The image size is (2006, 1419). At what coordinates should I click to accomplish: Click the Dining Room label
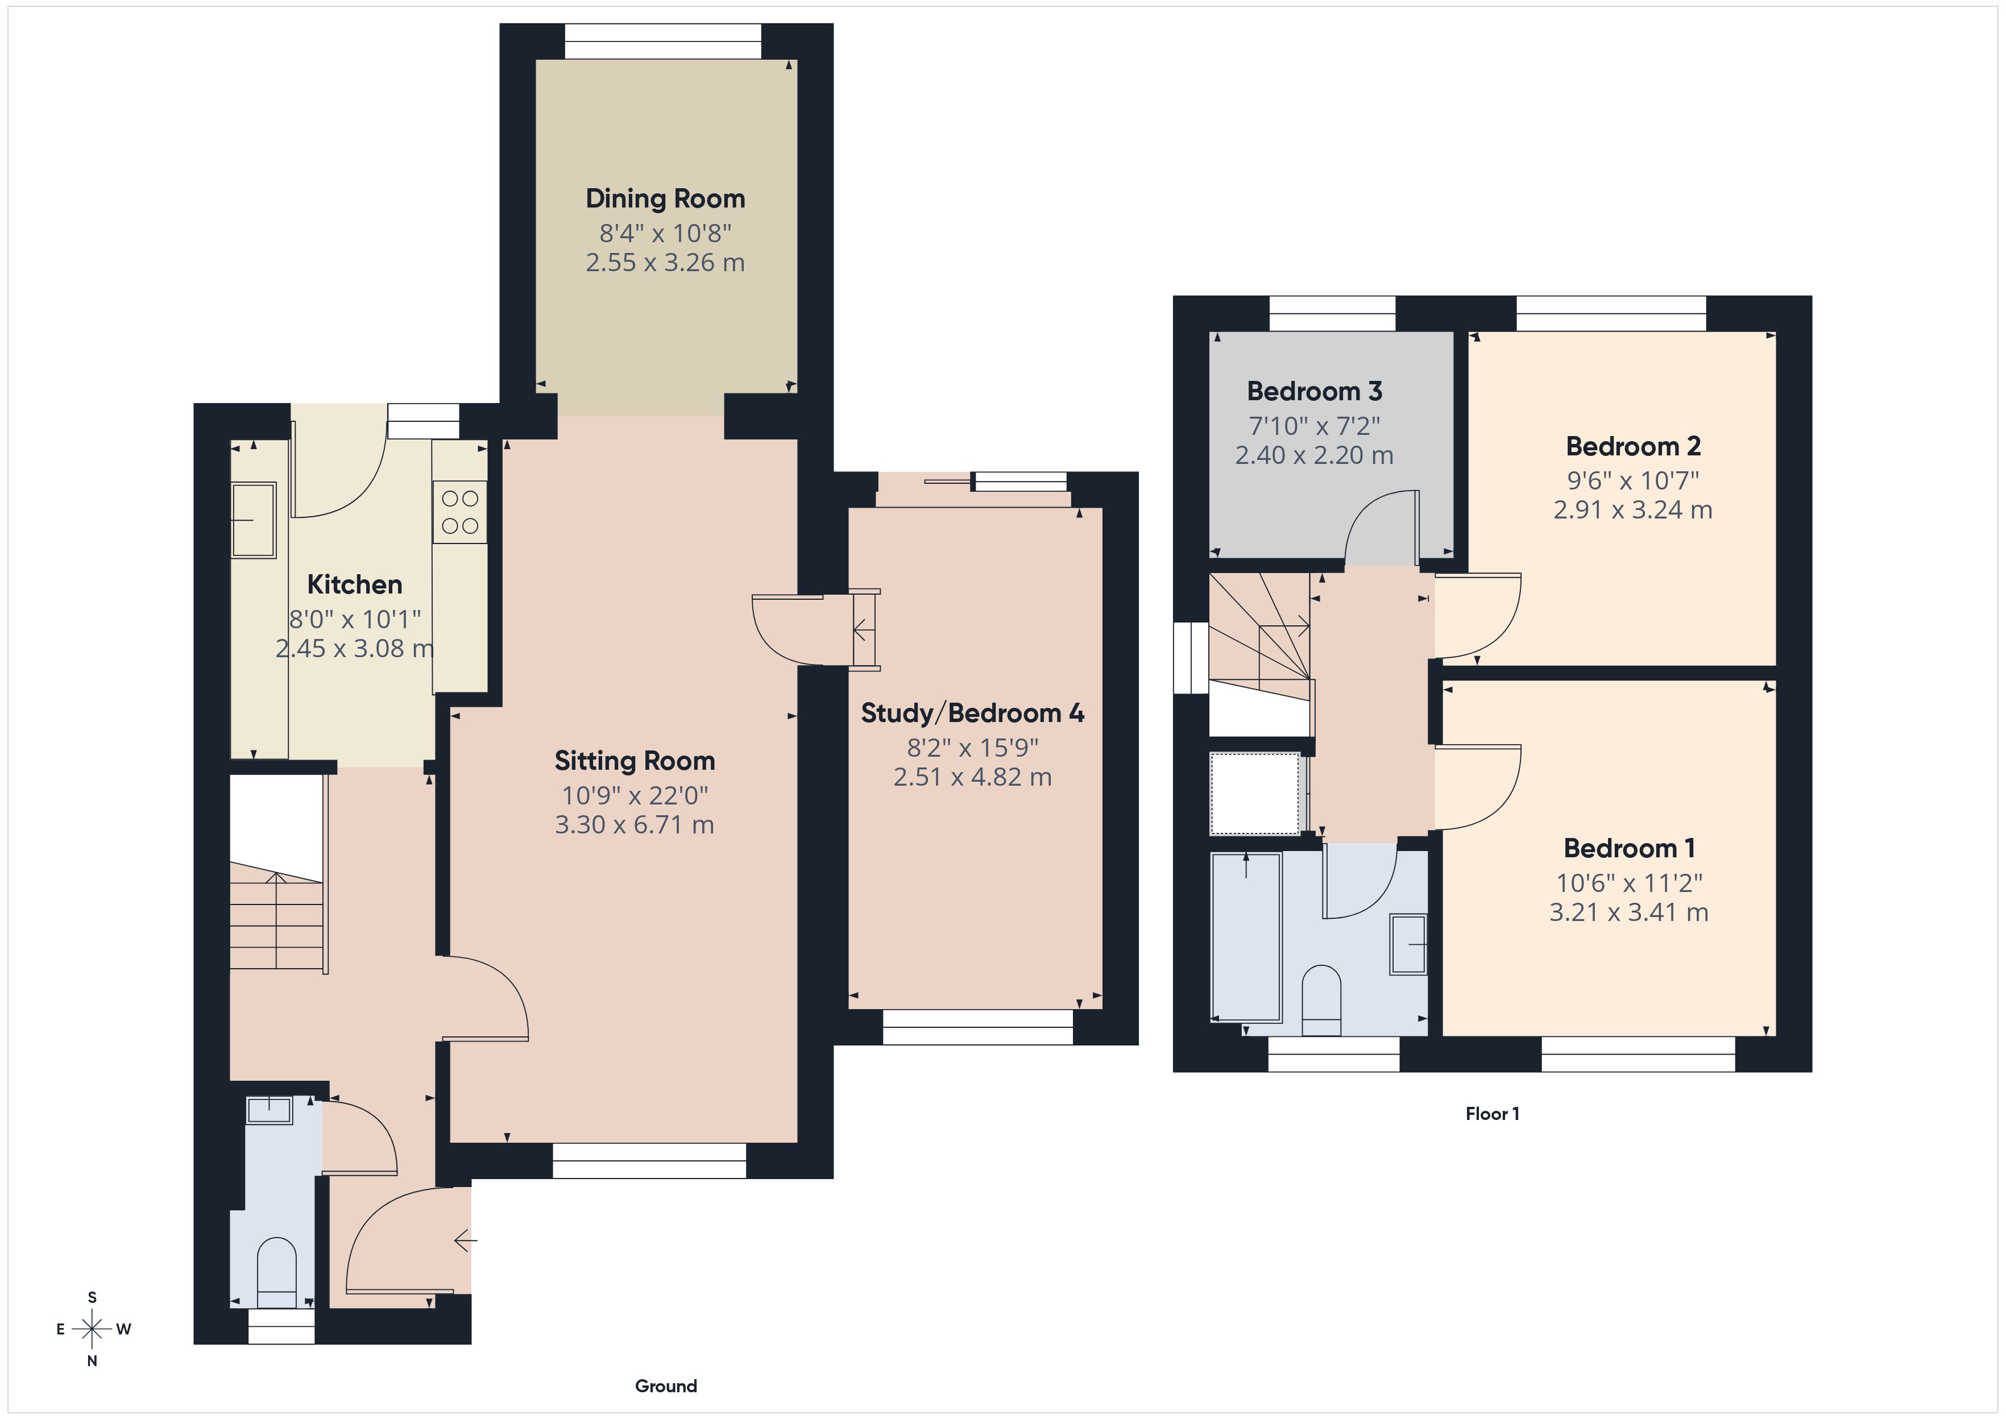(665, 199)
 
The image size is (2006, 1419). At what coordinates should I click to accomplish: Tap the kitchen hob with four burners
(459, 512)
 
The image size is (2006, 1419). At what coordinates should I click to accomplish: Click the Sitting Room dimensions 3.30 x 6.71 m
(635, 825)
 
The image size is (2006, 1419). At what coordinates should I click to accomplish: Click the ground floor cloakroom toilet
(277, 1274)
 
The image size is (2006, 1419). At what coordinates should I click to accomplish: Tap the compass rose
(92, 1329)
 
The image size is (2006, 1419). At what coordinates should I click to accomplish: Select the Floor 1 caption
(1492, 1114)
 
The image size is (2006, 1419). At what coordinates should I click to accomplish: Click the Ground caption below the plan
(666, 1386)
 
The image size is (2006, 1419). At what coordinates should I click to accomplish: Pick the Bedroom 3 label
(1314, 392)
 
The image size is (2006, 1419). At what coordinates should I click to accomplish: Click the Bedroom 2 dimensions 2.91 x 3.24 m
(1632, 511)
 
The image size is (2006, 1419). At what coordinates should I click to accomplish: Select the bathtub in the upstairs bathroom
(1246, 937)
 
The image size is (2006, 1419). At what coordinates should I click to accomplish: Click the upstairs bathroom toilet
(1321, 996)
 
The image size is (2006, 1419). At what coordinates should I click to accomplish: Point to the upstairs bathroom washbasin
(1407, 944)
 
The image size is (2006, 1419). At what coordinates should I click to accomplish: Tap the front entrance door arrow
(465, 1240)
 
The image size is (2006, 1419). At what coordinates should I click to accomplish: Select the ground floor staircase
(276, 918)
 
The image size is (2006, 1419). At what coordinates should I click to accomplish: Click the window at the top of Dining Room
(662, 41)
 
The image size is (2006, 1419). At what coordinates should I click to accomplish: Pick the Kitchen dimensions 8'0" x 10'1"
(355, 620)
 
